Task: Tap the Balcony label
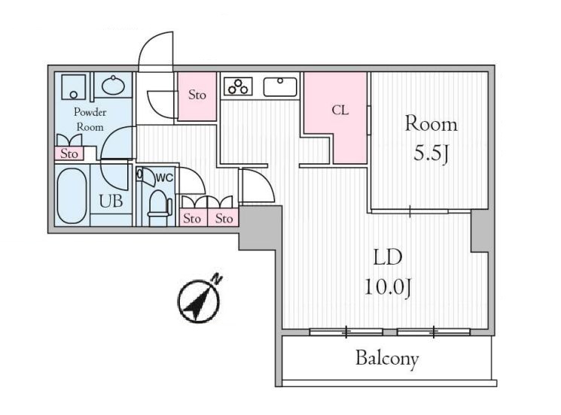click(x=387, y=359)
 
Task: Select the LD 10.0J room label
click(x=387, y=271)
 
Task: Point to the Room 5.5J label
click(x=431, y=139)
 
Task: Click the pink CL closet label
click(x=340, y=110)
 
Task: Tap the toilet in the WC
click(x=159, y=204)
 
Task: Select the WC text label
click(x=164, y=177)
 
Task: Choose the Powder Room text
click(x=90, y=118)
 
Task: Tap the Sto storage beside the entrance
click(x=197, y=95)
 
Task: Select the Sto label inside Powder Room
click(x=70, y=154)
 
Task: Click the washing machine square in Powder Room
click(x=73, y=87)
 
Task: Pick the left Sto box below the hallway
click(x=192, y=219)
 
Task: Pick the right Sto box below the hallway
click(x=224, y=219)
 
